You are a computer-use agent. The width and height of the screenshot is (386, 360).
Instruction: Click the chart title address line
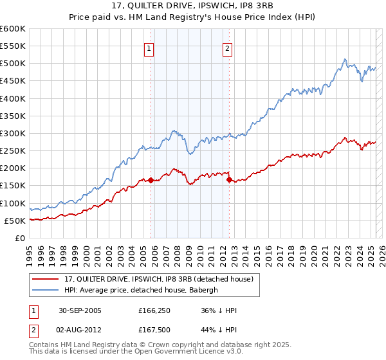click(192, 6)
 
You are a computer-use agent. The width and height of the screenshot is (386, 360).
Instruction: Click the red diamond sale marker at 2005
click(151, 180)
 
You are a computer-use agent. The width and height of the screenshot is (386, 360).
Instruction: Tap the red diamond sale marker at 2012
click(229, 179)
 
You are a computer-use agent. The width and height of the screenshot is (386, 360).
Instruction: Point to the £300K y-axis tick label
click(13, 134)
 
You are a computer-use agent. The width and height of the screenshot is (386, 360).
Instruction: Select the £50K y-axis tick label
click(15, 221)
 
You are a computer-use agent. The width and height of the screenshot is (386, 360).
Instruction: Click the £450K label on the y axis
click(13, 81)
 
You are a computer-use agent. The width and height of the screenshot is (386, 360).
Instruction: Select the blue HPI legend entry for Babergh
click(142, 290)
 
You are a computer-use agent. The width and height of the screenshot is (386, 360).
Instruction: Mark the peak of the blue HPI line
click(345, 59)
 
